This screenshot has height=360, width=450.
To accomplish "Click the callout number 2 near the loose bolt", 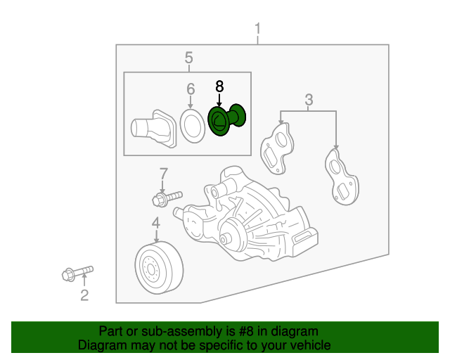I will [84, 295].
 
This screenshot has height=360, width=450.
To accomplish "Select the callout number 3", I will [309, 100].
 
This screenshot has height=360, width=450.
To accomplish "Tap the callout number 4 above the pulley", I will [155, 224].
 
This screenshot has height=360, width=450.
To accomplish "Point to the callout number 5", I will [188, 58].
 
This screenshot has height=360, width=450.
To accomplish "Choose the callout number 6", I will [190, 89].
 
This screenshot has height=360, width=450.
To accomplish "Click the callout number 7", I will [163, 173].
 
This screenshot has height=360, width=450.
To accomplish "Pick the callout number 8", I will [219, 86].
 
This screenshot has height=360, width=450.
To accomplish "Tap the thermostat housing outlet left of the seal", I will [150, 129].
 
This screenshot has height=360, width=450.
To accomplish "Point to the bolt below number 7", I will [167, 198].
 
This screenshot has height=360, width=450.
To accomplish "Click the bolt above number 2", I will [77, 272].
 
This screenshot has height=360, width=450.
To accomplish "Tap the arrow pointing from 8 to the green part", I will [219, 99].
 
